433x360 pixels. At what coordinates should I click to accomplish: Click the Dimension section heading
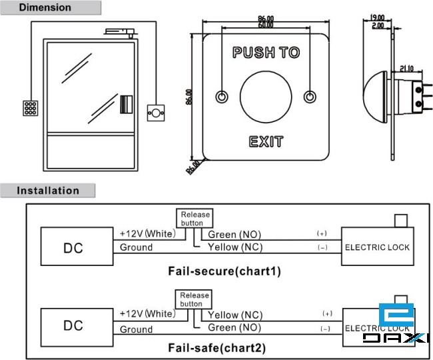(x=45, y=8)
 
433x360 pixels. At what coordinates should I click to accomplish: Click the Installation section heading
(x=47, y=191)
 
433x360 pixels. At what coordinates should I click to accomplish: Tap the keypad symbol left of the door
(x=29, y=108)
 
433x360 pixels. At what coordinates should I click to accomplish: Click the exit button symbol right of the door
(x=156, y=113)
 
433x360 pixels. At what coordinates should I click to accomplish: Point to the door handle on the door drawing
(x=126, y=105)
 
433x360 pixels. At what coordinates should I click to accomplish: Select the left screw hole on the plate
(x=221, y=97)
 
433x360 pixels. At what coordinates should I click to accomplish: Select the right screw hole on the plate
(x=309, y=97)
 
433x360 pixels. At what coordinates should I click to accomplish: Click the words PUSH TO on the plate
(x=266, y=52)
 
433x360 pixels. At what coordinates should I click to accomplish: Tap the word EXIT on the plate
(x=266, y=141)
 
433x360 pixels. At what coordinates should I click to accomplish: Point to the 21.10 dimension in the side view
(x=408, y=67)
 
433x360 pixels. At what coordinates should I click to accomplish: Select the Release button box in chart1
(x=195, y=219)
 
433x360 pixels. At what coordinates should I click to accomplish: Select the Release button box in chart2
(x=195, y=299)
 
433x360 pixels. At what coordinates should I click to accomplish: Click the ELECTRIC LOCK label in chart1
(x=377, y=247)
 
